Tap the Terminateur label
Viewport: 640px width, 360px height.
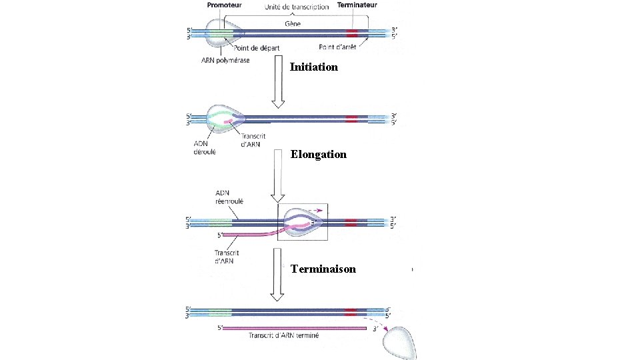(x=357, y=5)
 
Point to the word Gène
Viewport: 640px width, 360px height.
(x=293, y=23)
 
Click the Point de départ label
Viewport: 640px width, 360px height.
(x=257, y=47)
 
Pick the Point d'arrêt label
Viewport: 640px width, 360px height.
(x=337, y=47)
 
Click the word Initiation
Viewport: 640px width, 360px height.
(x=314, y=67)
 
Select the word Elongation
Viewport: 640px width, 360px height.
(x=318, y=154)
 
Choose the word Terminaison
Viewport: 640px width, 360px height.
(x=323, y=269)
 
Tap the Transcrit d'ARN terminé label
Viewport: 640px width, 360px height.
(x=283, y=336)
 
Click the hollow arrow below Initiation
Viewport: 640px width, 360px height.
(x=279, y=83)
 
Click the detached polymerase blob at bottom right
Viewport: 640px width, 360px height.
(x=399, y=342)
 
